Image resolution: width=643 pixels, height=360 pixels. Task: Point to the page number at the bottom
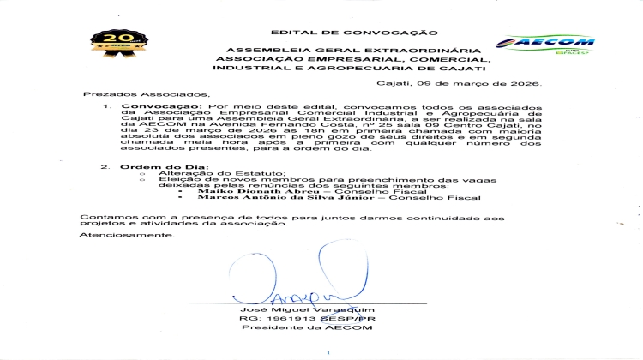(x=325, y=351)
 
